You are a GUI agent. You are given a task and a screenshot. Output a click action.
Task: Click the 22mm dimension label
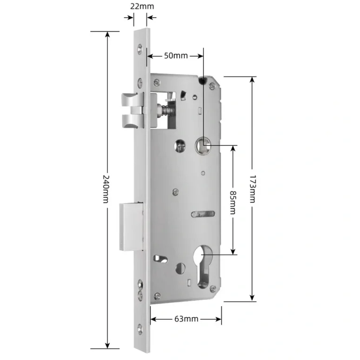click(x=142, y=6)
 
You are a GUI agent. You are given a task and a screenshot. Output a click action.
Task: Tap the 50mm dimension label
click(x=176, y=56)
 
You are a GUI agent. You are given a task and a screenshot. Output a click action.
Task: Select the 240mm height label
click(x=105, y=189)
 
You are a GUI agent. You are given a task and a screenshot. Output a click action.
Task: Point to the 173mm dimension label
click(x=253, y=189)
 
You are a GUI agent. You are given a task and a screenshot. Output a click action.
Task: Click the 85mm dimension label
click(x=233, y=202)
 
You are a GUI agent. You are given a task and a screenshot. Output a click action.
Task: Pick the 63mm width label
click(x=186, y=319)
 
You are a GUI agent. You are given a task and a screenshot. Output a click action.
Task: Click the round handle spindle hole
click(x=203, y=145)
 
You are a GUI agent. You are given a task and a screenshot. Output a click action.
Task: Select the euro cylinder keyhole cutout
click(x=203, y=266)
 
